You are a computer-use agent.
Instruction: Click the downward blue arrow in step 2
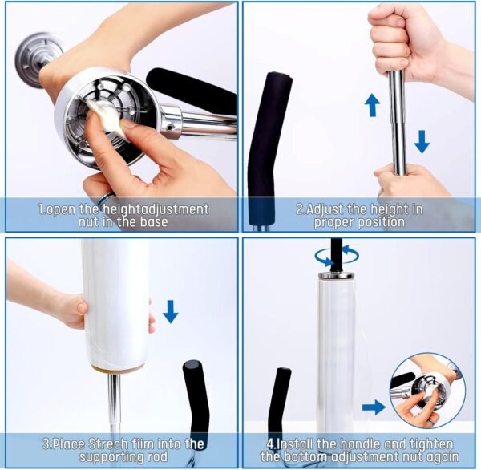(x=422, y=141)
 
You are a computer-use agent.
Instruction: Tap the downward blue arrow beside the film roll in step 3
(x=170, y=310)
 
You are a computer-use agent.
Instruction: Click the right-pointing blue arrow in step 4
(x=373, y=407)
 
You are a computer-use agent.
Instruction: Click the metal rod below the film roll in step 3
(x=115, y=405)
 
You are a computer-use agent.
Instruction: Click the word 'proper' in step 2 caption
(x=338, y=221)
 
